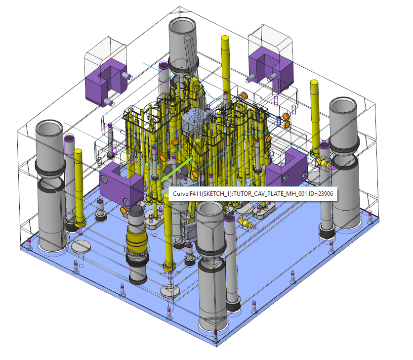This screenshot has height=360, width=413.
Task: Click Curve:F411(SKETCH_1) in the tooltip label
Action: coord(202,194)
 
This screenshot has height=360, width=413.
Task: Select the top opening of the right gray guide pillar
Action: coord(343,106)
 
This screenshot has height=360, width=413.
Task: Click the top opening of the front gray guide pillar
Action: coord(210,210)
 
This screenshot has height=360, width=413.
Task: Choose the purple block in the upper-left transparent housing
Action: coord(106,82)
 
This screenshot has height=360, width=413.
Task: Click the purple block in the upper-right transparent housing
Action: coord(271,69)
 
